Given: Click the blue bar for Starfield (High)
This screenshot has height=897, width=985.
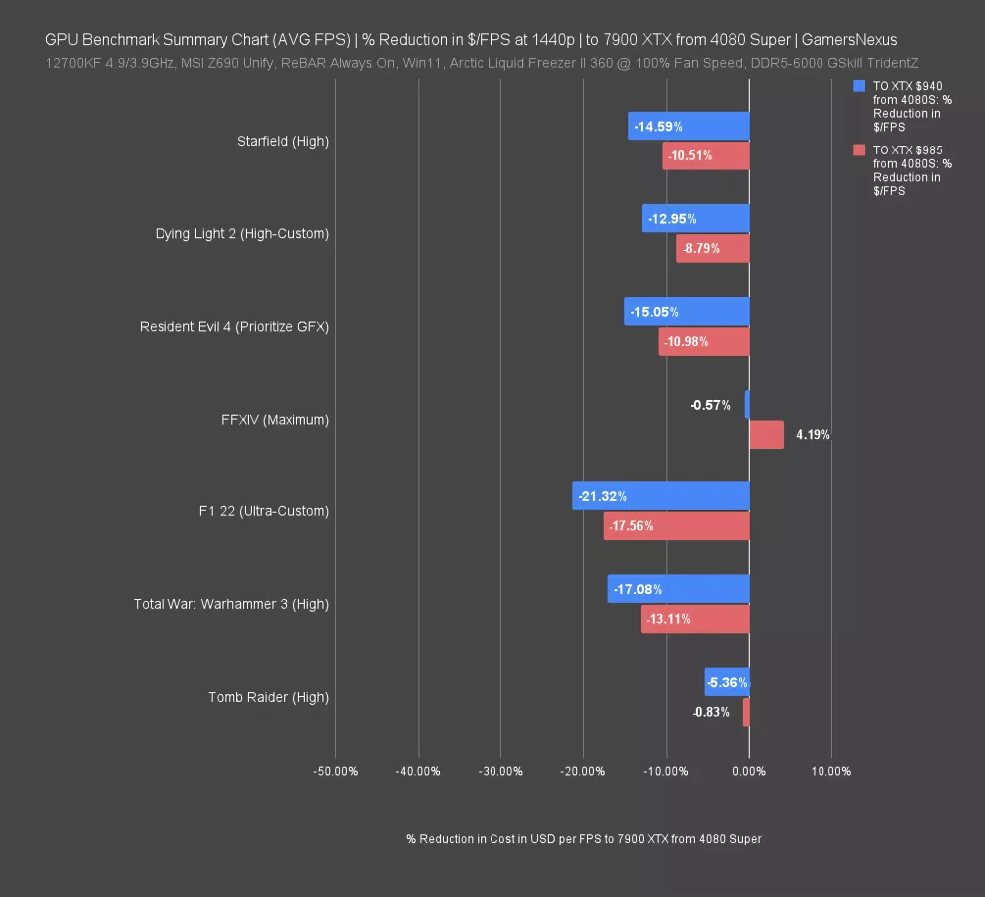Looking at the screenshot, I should click(x=689, y=126).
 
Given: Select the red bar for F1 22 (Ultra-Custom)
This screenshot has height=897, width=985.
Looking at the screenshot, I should click(x=676, y=526).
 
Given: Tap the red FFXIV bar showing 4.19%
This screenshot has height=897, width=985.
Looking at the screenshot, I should click(x=766, y=435).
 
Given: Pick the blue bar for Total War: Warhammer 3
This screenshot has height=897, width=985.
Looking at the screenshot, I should click(x=678, y=589).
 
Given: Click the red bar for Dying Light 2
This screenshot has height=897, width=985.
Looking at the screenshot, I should click(x=713, y=249).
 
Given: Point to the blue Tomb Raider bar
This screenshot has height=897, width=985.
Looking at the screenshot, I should click(x=727, y=682).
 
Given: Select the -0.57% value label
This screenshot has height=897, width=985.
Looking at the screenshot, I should click(x=710, y=405).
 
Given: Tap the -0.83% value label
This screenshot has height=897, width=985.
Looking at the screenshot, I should click(x=711, y=712).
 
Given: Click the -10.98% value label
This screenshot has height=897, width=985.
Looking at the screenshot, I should click(x=688, y=342).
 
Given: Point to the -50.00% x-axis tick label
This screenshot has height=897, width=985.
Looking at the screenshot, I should click(x=335, y=771).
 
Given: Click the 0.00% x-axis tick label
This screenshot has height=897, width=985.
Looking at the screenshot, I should click(x=749, y=771).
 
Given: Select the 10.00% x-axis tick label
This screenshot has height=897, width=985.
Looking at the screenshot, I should click(x=830, y=771).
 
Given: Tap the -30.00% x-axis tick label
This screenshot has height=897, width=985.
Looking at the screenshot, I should click(x=500, y=771).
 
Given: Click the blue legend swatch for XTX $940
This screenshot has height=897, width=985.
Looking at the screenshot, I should click(x=859, y=87).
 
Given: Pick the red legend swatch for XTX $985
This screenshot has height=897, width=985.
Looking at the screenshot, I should click(x=859, y=149).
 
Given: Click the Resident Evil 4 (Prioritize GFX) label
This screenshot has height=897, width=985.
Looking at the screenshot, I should click(x=234, y=327).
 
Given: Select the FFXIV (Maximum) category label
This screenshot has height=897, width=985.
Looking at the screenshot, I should click(x=275, y=420).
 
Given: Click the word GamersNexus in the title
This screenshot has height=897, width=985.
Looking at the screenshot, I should click(x=850, y=40).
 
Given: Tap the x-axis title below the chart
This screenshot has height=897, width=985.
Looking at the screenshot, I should click(x=583, y=839).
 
